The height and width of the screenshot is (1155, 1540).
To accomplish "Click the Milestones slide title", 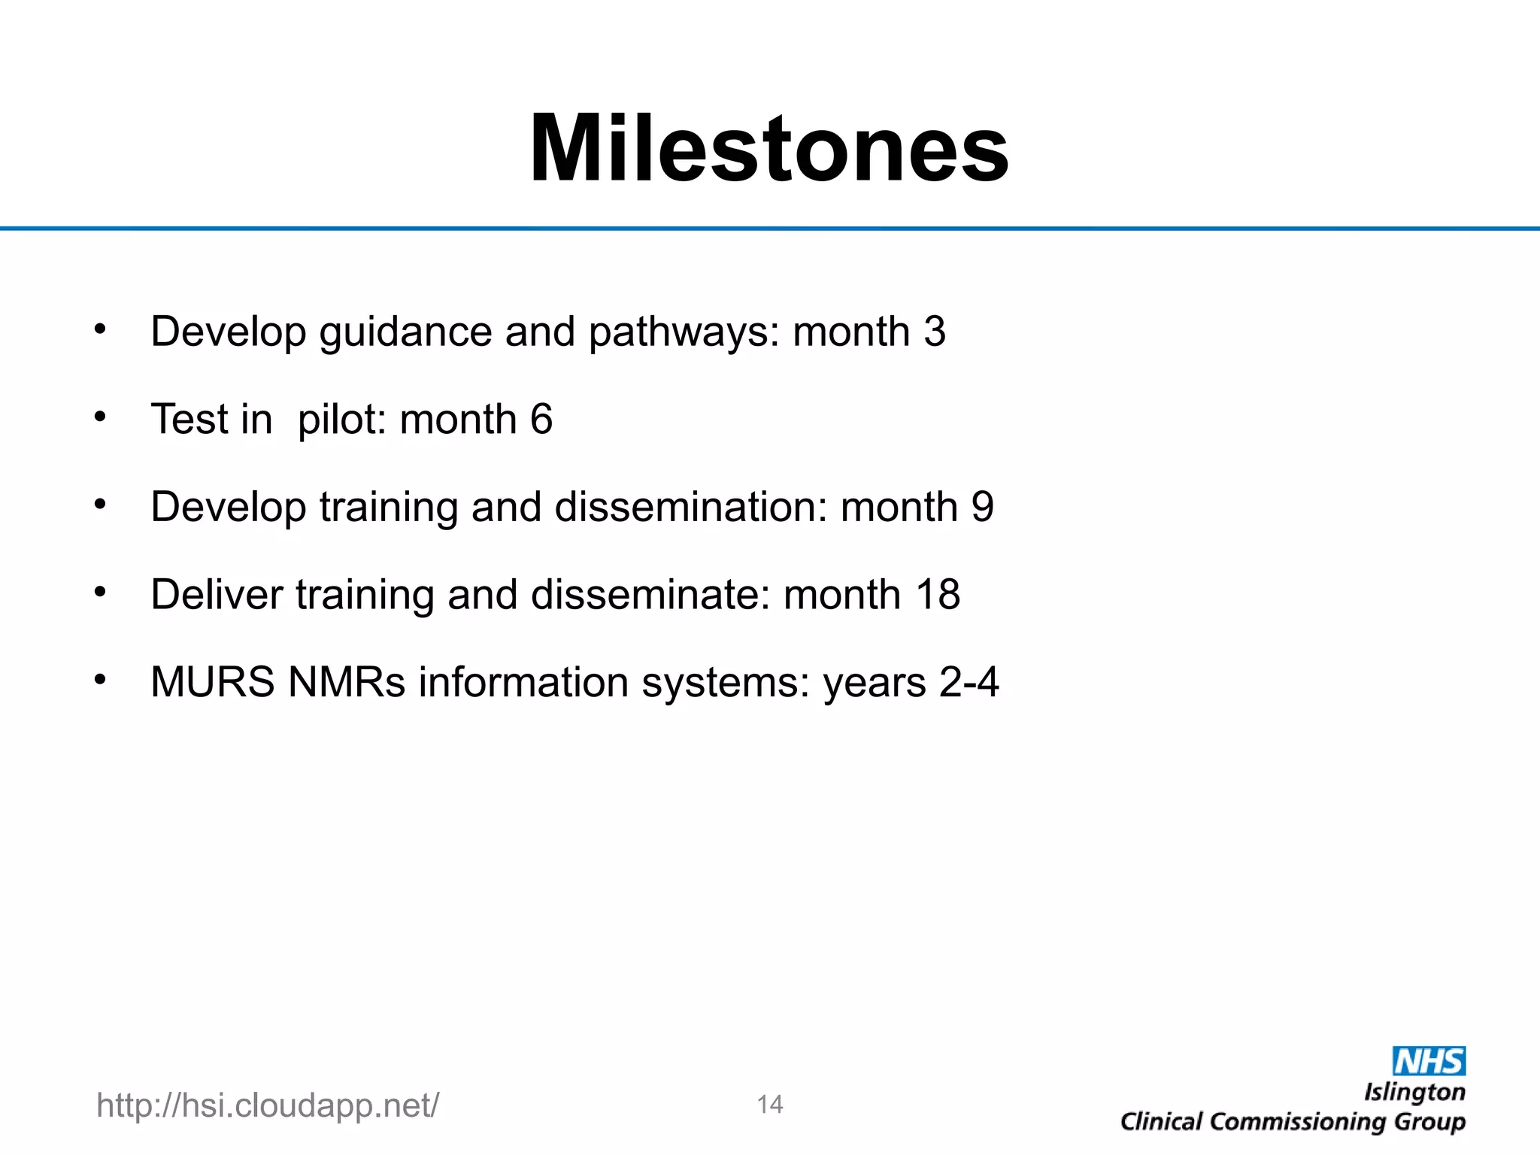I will coord(768,148).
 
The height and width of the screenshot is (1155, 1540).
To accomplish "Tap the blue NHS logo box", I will coord(1429,1061).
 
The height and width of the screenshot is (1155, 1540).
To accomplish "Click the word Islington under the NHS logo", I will coord(1414,1092).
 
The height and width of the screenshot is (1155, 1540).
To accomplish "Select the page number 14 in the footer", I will coord(770,1105).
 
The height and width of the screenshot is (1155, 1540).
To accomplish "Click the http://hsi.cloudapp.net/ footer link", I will coord(268,1105).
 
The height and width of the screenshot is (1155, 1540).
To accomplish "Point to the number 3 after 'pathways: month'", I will coord(935,332).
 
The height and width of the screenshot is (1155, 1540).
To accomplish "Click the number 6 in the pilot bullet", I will coord(541,419).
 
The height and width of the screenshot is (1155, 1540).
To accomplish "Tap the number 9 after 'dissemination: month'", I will coord(982,507).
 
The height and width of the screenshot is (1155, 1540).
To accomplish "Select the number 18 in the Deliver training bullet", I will coord(938,595).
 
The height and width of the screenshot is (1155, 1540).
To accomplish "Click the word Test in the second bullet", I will coord(189,419).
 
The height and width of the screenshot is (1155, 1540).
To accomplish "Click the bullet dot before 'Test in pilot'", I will coord(100,416).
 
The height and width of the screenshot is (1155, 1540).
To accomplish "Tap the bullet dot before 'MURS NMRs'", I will coord(100,679).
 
